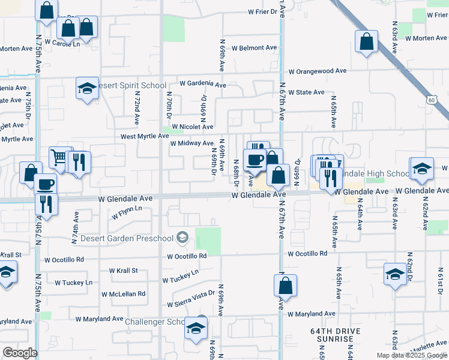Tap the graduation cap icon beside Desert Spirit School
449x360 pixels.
[x=87, y=89]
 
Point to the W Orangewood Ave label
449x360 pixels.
[x=318, y=71]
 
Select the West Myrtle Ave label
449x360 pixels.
[x=145, y=136]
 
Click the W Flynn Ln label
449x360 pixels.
[x=126, y=209]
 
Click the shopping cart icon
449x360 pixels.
[x=60, y=157]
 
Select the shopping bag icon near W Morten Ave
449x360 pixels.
[x=366, y=42]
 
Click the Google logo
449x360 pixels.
[x=20, y=353]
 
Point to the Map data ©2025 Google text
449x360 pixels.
[x=411, y=355]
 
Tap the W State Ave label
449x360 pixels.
[x=306, y=92]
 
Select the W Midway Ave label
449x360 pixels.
[x=191, y=143]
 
